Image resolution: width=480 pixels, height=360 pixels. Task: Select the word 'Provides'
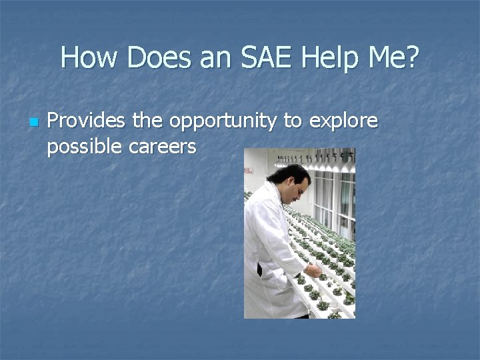tap(87, 121)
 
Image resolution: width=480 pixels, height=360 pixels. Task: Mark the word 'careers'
tap(163, 147)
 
